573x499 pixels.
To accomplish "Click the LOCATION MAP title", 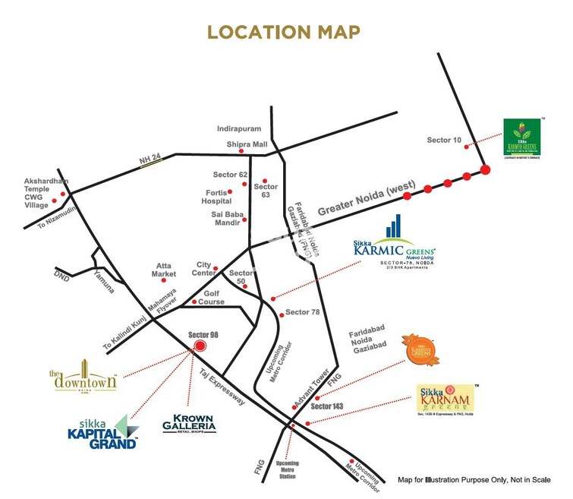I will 285,32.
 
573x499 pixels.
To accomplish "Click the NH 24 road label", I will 151,159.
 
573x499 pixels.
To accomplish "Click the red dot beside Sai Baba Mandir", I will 244,219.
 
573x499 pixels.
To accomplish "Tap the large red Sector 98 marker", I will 200,346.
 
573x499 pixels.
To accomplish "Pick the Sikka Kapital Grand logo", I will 100,431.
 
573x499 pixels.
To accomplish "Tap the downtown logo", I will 83,377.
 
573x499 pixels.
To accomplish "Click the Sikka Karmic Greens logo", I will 395,245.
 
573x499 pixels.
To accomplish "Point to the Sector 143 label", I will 327,406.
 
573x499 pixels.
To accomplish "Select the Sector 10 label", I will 444,140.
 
